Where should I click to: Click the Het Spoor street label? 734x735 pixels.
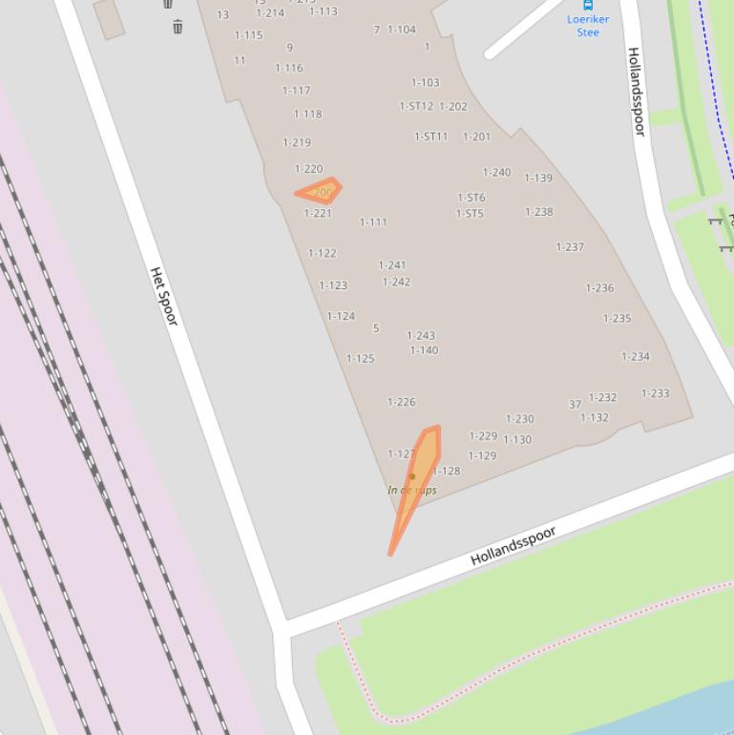(x=164, y=296)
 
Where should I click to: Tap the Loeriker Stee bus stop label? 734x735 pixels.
(x=588, y=25)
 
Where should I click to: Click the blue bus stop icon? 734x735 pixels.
(x=588, y=5)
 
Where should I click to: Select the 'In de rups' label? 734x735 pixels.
(x=412, y=490)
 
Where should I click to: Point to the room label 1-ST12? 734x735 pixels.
(x=416, y=107)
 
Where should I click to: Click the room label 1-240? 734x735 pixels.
(x=496, y=173)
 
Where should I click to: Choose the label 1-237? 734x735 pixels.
(x=570, y=247)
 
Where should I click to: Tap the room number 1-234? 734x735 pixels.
(x=636, y=357)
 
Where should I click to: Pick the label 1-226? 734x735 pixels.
(x=401, y=403)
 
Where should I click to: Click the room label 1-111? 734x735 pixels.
(x=373, y=222)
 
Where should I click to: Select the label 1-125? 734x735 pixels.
(x=360, y=359)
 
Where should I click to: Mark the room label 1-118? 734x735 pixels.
(x=307, y=115)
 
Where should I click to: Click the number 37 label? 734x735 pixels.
(x=575, y=405)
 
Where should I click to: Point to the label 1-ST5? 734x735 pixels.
(x=470, y=214)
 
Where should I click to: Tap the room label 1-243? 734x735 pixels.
(x=421, y=336)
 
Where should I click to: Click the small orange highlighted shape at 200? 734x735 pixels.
(x=322, y=191)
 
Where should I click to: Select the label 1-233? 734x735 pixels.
(x=655, y=393)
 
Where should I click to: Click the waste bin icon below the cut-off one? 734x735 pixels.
(x=178, y=27)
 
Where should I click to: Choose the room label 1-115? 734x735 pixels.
(x=248, y=36)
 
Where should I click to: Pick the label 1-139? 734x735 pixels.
(x=538, y=178)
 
